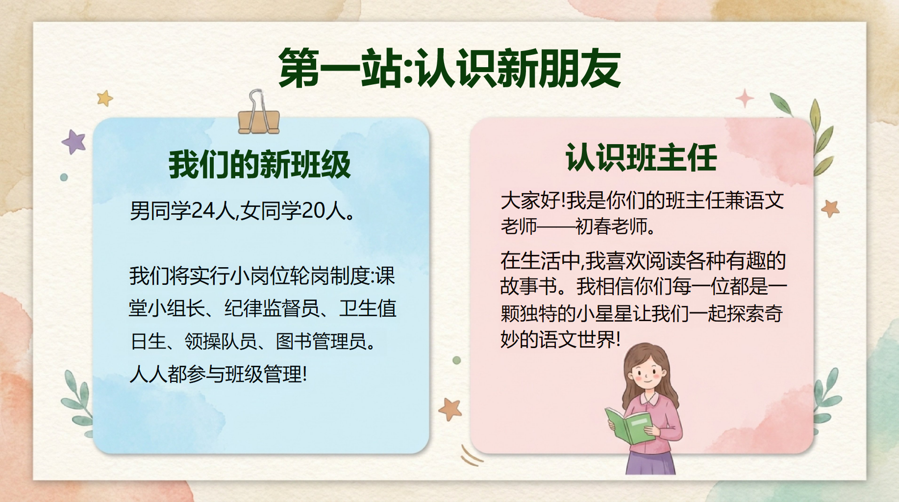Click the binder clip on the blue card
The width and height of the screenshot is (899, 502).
[x=258, y=113]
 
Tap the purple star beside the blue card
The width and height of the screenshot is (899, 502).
[x=74, y=142]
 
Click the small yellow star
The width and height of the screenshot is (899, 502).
[x=104, y=98]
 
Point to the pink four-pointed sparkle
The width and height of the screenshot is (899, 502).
[x=745, y=99]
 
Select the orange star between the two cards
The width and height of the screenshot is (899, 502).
[x=450, y=409]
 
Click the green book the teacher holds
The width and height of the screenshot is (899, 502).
[x=628, y=426]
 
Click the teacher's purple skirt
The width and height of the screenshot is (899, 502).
[x=650, y=463]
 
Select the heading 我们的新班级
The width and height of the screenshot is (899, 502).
[x=260, y=165]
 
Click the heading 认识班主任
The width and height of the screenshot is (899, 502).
[x=641, y=158]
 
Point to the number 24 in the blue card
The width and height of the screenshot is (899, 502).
[x=202, y=211]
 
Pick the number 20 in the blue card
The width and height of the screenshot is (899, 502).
[x=313, y=211]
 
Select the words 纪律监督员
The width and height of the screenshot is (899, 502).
[x=272, y=308]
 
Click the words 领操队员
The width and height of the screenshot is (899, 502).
[x=221, y=341]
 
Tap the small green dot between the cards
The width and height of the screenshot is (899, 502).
[x=457, y=360]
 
